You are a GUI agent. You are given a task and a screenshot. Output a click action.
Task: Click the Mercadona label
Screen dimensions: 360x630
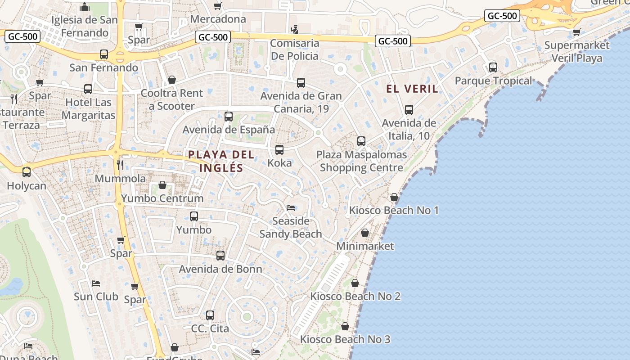[x=218, y=19]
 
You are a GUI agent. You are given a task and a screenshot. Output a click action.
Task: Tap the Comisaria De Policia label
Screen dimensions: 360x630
[x=295, y=49]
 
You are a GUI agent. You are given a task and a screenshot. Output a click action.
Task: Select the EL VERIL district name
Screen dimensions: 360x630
[x=412, y=89]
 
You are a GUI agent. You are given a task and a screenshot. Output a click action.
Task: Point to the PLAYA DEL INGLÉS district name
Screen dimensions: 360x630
[x=221, y=161]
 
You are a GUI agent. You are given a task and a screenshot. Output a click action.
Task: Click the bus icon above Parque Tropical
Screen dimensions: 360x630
[x=493, y=67]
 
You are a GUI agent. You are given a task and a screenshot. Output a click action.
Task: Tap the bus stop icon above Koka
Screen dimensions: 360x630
[x=279, y=150]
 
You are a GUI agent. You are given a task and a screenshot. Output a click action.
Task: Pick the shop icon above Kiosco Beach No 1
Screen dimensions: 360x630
[x=394, y=197]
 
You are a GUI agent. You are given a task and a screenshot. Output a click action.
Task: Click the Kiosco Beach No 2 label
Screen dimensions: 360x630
[x=355, y=296]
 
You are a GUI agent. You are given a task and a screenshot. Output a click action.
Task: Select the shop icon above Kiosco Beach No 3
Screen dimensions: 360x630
[x=345, y=326]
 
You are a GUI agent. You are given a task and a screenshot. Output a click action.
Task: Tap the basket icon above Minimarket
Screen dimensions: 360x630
[x=365, y=233]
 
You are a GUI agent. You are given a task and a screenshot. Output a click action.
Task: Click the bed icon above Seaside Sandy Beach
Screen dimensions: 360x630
[x=291, y=208]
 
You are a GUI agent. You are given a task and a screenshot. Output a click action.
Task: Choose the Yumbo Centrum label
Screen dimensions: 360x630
[x=162, y=198]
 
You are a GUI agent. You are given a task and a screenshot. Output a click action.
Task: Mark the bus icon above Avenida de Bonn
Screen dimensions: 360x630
[x=220, y=256]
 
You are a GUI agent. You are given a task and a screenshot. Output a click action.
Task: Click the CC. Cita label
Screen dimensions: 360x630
[x=210, y=328]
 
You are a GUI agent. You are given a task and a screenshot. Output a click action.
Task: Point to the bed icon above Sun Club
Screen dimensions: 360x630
[x=96, y=283]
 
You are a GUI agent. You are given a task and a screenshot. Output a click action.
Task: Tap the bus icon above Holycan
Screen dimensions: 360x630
[x=27, y=172]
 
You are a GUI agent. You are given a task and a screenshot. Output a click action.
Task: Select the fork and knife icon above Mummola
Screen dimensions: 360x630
[x=120, y=165]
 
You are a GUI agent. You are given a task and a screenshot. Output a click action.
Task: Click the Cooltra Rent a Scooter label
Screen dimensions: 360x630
[x=172, y=99]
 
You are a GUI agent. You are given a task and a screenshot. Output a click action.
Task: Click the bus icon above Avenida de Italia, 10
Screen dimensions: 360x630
[x=409, y=110]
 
